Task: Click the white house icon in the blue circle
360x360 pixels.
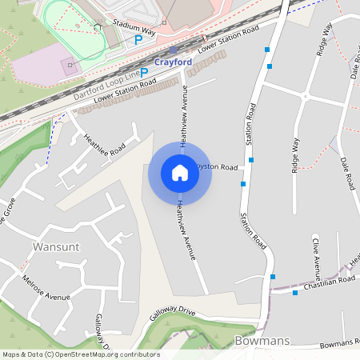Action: click(180, 173)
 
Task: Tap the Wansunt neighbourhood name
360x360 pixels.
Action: click(55, 246)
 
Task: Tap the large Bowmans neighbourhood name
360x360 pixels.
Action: click(262, 341)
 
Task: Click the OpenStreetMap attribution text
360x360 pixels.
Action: click(81, 354)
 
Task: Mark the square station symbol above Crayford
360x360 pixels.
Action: click(172, 50)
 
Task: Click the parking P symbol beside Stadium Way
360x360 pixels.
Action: click(138, 38)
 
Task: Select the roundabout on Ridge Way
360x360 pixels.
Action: click(305, 95)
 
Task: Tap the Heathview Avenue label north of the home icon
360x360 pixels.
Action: click(184, 116)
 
